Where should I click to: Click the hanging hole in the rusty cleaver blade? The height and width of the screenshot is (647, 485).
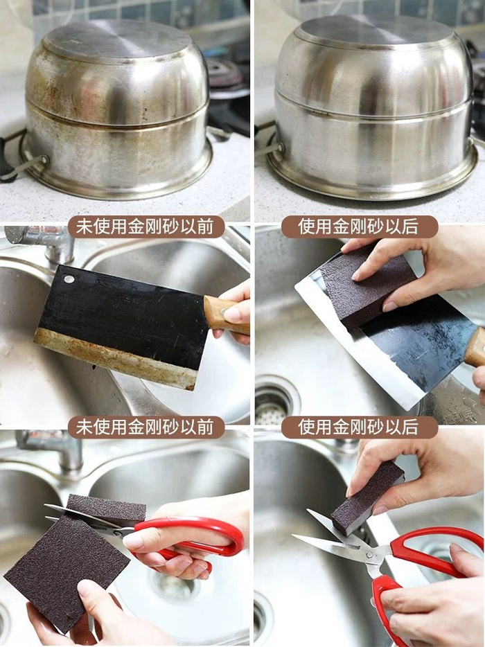(69, 279)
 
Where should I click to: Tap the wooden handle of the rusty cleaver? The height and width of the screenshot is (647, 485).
(226, 314)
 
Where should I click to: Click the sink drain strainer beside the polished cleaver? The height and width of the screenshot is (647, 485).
(275, 402)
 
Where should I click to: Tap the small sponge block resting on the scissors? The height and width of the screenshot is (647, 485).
(107, 510)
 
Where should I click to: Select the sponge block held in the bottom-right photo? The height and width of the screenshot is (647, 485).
(367, 498)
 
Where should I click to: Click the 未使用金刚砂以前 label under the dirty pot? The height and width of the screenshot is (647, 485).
(146, 227)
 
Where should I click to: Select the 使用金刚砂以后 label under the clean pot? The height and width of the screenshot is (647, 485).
(359, 227)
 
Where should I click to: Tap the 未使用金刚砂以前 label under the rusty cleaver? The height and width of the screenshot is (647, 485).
(146, 427)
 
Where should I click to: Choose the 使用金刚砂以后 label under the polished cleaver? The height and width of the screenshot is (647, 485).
(359, 427)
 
